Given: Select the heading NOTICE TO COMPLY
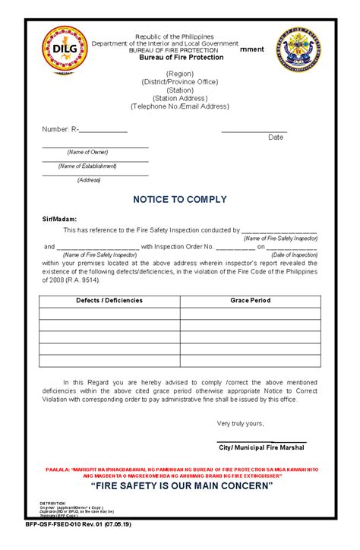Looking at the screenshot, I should point(180,200).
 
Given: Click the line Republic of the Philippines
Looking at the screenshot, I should point(175,36).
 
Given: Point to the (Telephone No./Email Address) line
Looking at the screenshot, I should point(179,106).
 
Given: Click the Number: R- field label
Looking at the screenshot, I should point(60,129).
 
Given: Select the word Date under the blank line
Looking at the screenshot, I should point(276,137).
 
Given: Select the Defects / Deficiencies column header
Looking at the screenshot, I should point(109,301).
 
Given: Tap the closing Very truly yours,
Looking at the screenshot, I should point(240,423).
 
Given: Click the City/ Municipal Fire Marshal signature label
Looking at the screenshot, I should point(252,449).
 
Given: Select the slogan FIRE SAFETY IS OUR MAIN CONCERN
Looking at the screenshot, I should point(181,485).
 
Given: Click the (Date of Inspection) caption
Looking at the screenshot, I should point(289,254).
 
